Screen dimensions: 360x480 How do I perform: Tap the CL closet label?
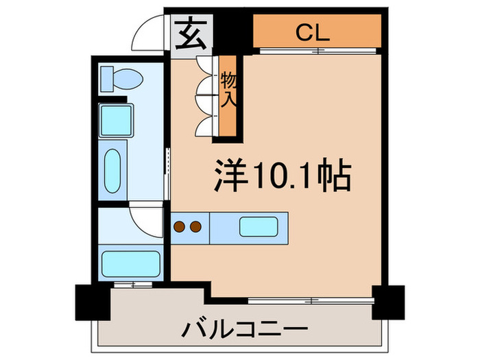(312, 32)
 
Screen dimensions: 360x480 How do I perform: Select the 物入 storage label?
(229, 91)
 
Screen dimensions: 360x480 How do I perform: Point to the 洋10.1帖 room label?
(282, 177)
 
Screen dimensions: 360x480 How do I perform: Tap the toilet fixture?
(120, 79)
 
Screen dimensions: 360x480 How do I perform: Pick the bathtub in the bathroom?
(130, 263)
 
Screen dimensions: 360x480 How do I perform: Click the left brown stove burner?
(181, 226)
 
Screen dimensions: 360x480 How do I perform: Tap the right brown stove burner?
(195, 226)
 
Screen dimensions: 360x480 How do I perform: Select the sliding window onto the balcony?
(311, 300)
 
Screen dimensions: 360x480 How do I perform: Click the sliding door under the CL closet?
(318, 51)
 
